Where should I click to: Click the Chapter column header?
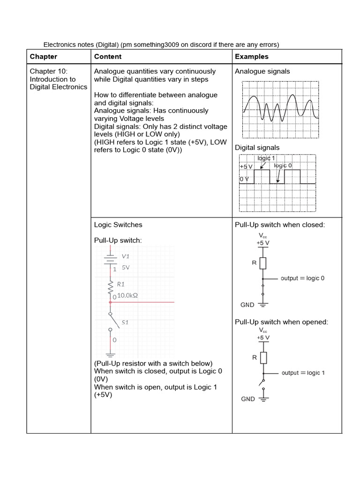point(44,57)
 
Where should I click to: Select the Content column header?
point(108,57)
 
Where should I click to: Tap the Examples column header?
point(252,57)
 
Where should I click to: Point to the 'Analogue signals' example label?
point(262,72)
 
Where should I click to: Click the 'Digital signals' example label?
point(257,148)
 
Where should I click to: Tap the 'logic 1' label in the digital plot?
point(266,158)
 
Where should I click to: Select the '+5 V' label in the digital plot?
point(246,166)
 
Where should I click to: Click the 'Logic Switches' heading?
point(118,225)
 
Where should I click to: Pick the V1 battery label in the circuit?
point(125,256)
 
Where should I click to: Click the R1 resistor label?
point(121,284)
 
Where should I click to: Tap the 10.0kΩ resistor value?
point(127,296)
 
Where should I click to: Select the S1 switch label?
point(125,322)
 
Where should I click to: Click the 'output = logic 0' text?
point(302,278)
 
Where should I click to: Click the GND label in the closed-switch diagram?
point(247,305)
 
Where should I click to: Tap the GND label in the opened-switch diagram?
point(248,399)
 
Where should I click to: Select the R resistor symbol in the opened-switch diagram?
point(263,358)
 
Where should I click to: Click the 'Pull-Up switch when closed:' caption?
point(280,225)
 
